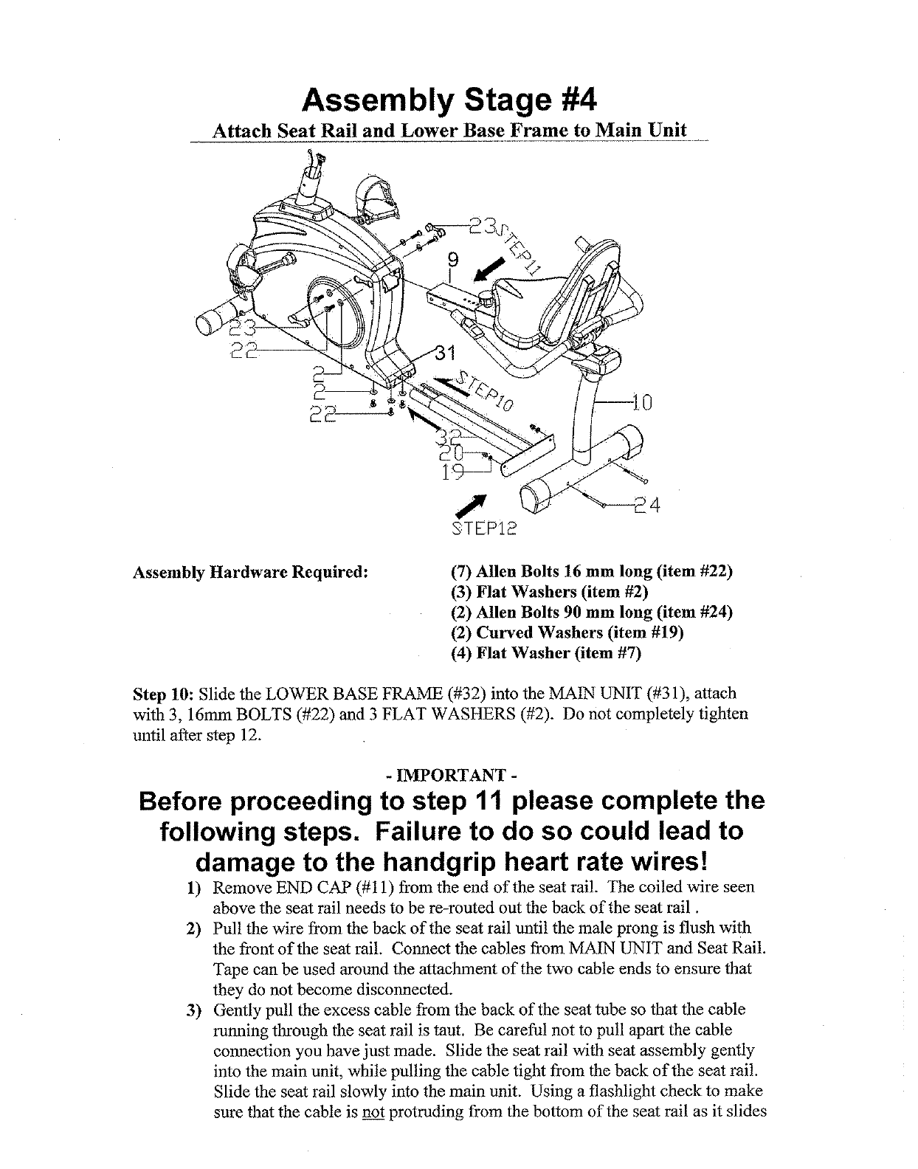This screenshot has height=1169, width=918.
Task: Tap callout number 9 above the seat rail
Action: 453,260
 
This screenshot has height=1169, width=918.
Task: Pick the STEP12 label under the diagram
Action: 483,528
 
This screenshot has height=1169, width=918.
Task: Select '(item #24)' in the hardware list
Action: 690,613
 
